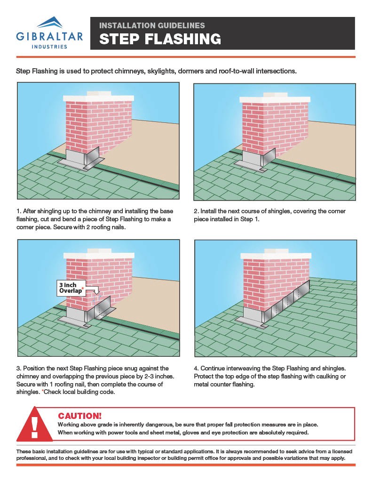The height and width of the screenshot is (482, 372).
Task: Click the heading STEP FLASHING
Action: [160, 39]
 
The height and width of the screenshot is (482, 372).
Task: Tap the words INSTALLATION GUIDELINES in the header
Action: [151, 25]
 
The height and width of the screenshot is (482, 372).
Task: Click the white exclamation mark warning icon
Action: [34, 424]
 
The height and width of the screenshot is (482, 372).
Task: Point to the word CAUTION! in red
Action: [79, 416]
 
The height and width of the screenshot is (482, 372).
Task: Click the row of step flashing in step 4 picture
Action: [287, 301]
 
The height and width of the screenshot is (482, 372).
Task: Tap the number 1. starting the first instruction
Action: [19, 211]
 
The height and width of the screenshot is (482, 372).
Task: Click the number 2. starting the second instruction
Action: [196, 211]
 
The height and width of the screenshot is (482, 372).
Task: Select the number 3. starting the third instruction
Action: [19, 368]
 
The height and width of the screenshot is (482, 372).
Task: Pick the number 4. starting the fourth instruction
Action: [196, 368]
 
